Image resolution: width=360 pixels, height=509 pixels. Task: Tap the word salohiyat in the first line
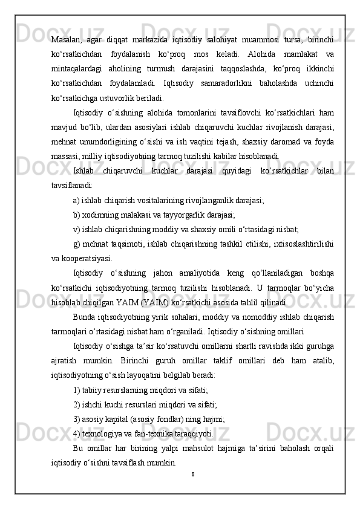tap(204, 40)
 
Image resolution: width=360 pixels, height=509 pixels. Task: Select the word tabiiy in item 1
tap(91, 390)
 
